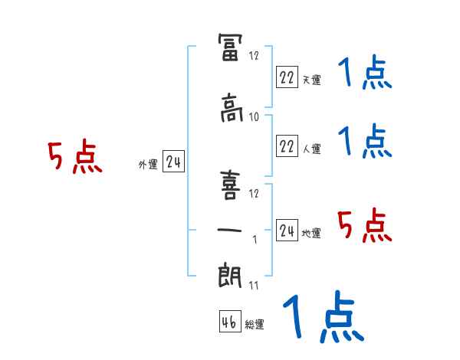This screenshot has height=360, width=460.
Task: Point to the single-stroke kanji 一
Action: [x=230, y=230]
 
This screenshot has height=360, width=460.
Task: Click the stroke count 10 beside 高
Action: [x=254, y=116]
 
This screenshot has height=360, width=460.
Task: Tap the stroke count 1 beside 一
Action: [x=255, y=240]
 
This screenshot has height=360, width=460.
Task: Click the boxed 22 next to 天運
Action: [x=286, y=77]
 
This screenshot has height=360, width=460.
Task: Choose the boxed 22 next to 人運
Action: [x=286, y=146]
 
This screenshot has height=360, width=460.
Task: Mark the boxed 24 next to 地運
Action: [x=286, y=231]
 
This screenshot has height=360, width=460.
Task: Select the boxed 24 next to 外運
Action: [x=174, y=162]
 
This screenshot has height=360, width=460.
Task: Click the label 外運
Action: [x=148, y=165]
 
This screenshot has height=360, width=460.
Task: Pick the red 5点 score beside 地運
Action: [x=365, y=225]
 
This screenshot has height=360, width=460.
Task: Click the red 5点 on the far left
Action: [x=75, y=158]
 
